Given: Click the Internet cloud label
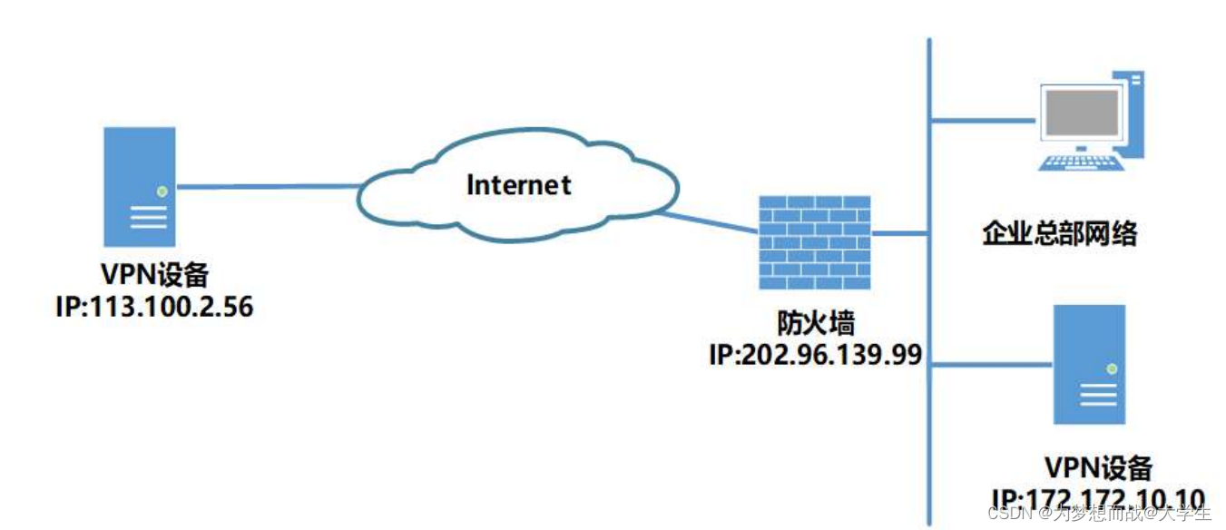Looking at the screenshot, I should [519, 184].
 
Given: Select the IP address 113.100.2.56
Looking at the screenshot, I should [154, 308].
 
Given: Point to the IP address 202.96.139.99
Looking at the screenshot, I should [815, 352].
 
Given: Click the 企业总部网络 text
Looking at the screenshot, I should [1059, 234].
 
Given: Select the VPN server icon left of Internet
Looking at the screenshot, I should [139, 186].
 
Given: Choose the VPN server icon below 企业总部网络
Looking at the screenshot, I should [1088, 365].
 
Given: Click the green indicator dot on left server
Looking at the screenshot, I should [162, 191].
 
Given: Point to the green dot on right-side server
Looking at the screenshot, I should [1111, 369].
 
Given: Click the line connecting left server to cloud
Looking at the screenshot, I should [268, 187].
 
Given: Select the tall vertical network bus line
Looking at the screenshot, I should [929, 290].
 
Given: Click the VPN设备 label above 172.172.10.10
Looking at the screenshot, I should [1098, 468].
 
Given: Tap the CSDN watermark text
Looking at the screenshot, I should [1098, 514].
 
